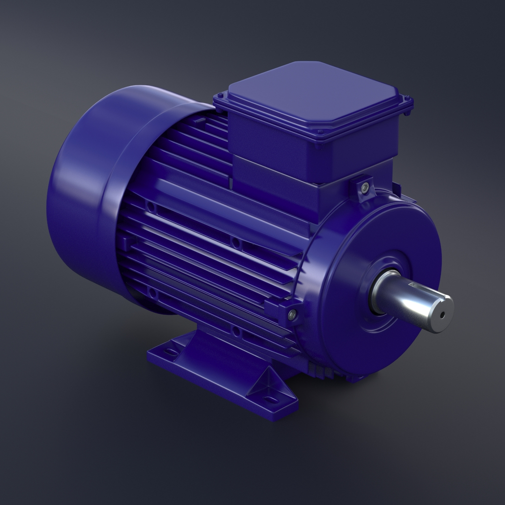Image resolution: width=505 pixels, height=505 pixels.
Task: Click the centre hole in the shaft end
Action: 442,315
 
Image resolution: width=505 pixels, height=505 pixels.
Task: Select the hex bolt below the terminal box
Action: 365,187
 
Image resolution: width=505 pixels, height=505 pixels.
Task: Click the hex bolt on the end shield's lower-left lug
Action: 292,315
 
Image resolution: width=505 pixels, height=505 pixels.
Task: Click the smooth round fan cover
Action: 84,187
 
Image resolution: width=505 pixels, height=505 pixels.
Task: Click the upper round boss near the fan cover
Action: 151,206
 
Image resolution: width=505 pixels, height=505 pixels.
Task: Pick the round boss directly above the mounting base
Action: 236,332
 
